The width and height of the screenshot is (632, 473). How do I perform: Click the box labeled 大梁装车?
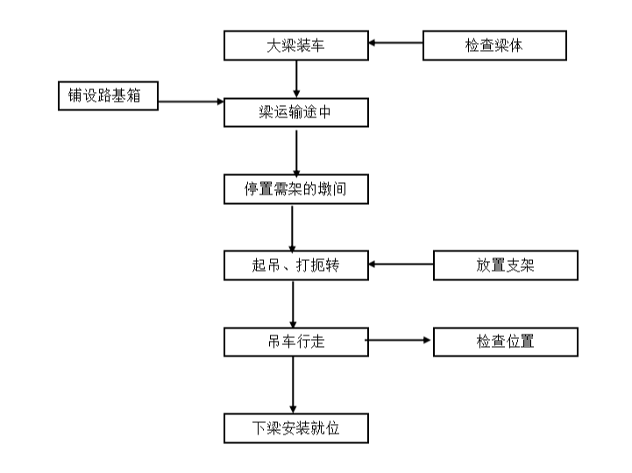click(x=295, y=46)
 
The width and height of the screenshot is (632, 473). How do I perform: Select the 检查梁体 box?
click(x=494, y=46)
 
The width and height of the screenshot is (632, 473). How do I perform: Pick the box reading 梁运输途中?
click(x=295, y=113)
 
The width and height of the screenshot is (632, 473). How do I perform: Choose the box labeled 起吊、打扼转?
click(x=295, y=265)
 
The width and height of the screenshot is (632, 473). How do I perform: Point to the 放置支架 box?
click(x=505, y=265)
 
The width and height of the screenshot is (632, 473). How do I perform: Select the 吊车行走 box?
click(x=295, y=342)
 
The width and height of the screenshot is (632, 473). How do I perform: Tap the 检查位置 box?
click(x=505, y=342)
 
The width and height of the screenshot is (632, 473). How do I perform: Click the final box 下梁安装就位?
click(x=295, y=429)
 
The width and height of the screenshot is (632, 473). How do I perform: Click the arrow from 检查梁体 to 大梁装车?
click(x=395, y=42)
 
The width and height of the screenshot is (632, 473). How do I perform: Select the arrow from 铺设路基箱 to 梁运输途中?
click(x=191, y=102)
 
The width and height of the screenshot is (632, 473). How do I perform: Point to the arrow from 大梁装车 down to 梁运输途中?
click(x=297, y=79)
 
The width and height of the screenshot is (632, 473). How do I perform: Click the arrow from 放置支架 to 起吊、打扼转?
click(x=401, y=264)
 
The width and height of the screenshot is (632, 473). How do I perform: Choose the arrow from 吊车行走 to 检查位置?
click(x=400, y=340)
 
